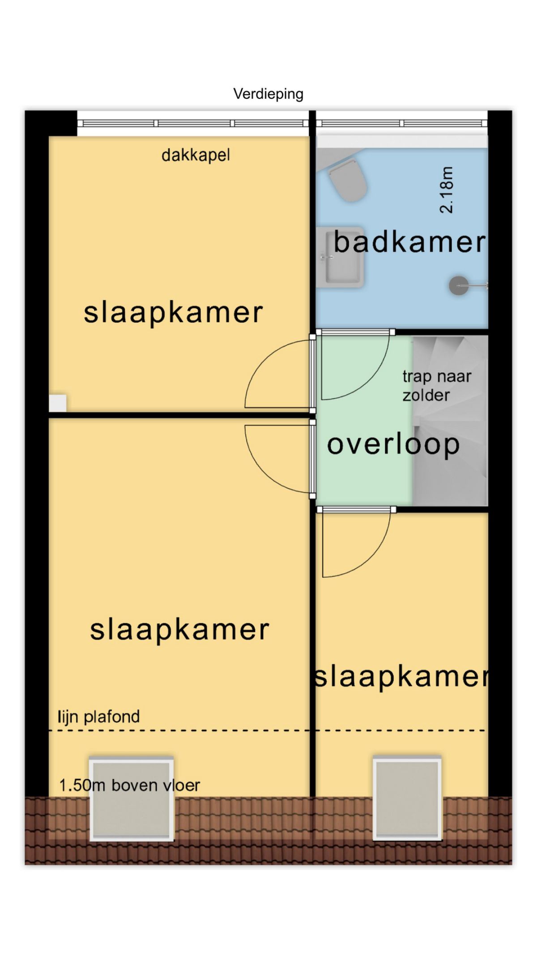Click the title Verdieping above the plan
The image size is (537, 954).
click(x=268, y=94)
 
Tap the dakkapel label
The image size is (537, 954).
click(x=196, y=155)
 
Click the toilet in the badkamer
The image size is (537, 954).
click(x=347, y=181)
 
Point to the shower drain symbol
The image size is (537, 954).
click(x=459, y=285)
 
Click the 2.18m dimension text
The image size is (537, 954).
click(x=447, y=190)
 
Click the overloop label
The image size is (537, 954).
click(x=393, y=445)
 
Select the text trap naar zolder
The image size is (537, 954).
click(x=437, y=386)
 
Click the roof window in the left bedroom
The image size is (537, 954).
click(x=132, y=798)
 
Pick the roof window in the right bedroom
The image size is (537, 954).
click(x=407, y=797)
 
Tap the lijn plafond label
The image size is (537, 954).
click(x=98, y=717)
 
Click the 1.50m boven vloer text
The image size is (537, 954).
click(x=130, y=785)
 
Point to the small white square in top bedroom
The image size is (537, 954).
click(x=58, y=403)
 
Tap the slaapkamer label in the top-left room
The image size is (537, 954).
click(x=173, y=313)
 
